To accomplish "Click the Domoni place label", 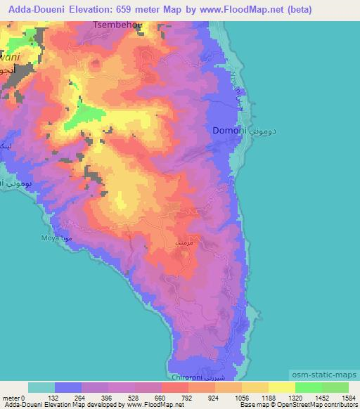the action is pyautogui.click(x=229, y=131).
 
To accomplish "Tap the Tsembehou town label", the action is pyautogui.click(x=117, y=25).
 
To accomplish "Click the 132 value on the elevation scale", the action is pyautogui.click(x=55, y=398).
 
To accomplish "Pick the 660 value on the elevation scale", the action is pyautogui.click(x=161, y=398).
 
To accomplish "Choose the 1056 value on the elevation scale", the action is pyautogui.click(x=241, y=398).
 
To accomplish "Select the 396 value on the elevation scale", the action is pyautogui.click(x=108, y=398).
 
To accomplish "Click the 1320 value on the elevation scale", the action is pyautogui.click(x=295, y=398).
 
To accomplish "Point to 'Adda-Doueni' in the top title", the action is pyautogui.click(x=34, y=9).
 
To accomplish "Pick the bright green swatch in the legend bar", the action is pyautogui.click(x=309, y=387).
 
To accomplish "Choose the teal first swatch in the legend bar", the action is pyautogui.click(x=41, y=387).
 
